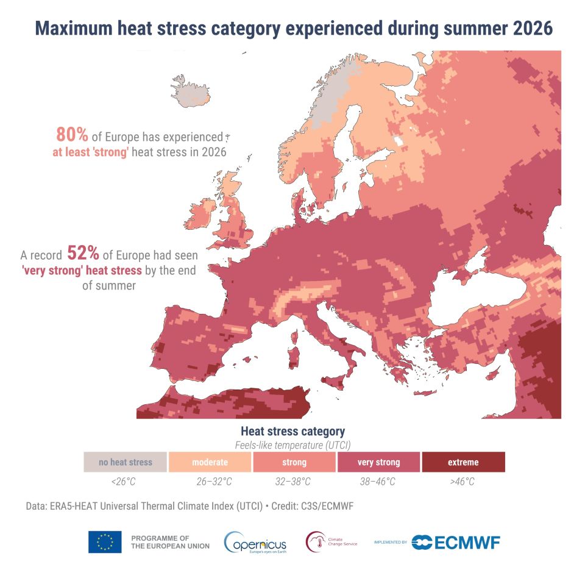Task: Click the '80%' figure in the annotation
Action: coord(72,135)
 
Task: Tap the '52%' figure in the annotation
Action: coord(83,253)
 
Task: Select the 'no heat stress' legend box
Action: coord(125,462)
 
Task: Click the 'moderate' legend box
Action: coord(210,462)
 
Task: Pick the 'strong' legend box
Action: coord(294,462)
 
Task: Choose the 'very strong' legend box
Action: coord(378,462)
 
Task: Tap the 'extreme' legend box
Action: coord(463,462)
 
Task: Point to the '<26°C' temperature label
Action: coord(124,482)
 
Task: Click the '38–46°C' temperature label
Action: coord(378,482)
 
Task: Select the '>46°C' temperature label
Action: coord(463,482)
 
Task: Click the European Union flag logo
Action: coord(105,541)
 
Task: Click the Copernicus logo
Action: coord(255,543)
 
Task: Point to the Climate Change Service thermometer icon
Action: coord(316,542)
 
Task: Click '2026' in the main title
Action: coord(533,29)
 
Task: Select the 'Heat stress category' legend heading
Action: coord(293,432)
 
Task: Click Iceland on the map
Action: coord(190,91)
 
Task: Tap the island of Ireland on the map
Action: coord(200,214)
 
